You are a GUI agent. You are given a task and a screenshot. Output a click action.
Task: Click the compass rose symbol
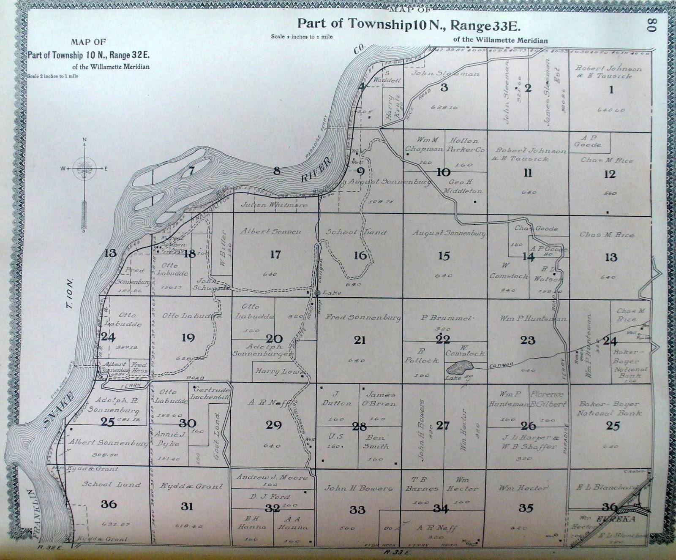click(x=84, y=169)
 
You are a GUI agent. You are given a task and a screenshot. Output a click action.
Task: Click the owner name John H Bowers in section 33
click(x=358, y=488)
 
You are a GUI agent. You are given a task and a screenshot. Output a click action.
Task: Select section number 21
click(x=360, y=340)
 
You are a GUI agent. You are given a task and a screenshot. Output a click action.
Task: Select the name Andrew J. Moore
click(x=272, y=477)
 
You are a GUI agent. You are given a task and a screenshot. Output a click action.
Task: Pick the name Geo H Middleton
click(x=463, y=186)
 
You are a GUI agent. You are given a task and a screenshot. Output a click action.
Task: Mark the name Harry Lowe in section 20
click(x=280, y=372)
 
